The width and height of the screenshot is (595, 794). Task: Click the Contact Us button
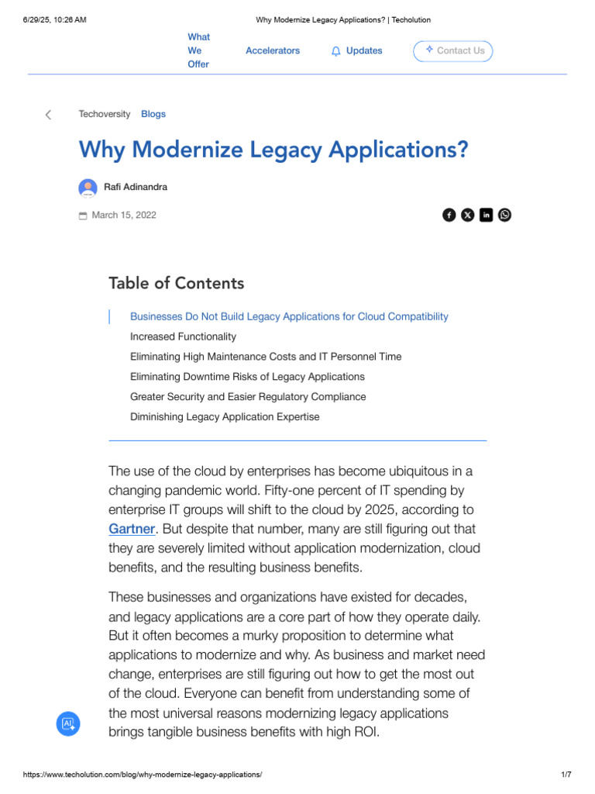(x=453, y=51)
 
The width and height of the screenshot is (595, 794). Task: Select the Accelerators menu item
(x=273, y=50)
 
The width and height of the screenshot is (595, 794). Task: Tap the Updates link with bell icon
(x=357, y=51)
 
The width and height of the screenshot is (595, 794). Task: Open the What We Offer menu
(x=198, y=50)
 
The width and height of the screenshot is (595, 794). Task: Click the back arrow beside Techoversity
(x=48, y=115)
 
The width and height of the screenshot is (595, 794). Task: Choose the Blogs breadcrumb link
(x=153, y=114)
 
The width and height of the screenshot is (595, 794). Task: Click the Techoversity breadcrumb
(x=105, y=114)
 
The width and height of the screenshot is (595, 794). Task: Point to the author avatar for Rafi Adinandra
(x=88, y=188)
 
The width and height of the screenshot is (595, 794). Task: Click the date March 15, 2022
(x=124, y=215)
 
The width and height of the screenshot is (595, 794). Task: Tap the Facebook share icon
(x=449, y=215)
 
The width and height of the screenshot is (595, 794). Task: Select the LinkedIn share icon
(x=487, y=215)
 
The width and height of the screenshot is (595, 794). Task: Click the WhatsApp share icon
(x=505, y=215)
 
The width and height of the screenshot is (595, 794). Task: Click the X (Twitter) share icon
(x=468, y=215)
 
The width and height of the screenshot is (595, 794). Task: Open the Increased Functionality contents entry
(x=183, y=337)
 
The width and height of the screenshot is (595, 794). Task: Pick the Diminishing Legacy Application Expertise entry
(x=225, y=416)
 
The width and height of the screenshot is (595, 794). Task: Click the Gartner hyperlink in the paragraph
(x=132, y=529)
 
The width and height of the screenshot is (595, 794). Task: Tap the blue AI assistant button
(x=68, y=723)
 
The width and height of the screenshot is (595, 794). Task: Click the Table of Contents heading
(x=177, y=283)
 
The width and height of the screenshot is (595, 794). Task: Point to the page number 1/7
(x=566, y=775)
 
